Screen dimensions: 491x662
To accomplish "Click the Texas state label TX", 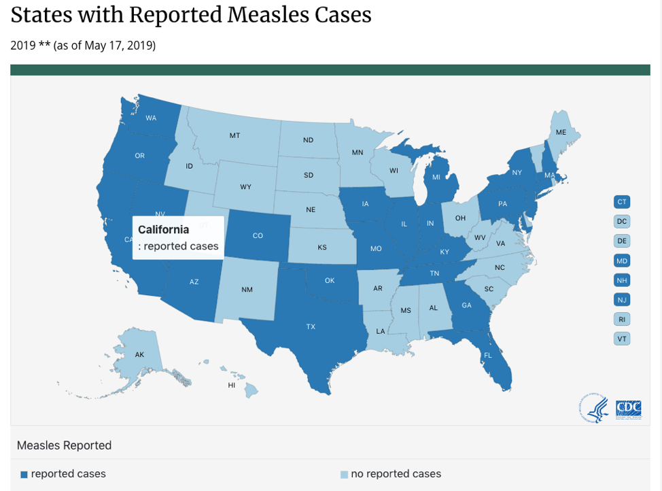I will click(311, 327).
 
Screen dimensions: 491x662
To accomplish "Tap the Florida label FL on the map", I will click(488, 356).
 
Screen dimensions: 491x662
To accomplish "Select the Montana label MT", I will click(234, 135).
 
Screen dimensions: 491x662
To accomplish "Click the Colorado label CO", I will click(258, 236).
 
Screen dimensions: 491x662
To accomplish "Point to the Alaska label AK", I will click(139, 355).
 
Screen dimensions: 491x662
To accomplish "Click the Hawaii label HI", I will click(232, 385).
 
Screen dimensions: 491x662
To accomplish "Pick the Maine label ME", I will click(561, 132).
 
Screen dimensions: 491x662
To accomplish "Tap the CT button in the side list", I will click(622, 202).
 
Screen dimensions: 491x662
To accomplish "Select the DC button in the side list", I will click(622, 221).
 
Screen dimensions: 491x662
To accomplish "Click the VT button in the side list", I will click(622, 339).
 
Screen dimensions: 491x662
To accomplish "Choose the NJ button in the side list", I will click(622, 299).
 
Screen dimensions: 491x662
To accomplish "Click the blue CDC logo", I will click(629, 408).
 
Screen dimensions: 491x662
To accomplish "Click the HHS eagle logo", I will click(594, 408).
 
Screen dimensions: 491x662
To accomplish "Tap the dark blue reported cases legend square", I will click(24, 474).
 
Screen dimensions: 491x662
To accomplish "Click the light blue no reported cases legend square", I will click(344, 474).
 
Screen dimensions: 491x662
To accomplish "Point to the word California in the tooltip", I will click(164, 229).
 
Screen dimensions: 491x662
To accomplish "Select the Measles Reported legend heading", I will click(64, 445).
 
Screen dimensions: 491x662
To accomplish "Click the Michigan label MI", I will click(436, 177).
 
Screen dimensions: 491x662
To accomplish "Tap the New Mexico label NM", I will click(247, 290).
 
